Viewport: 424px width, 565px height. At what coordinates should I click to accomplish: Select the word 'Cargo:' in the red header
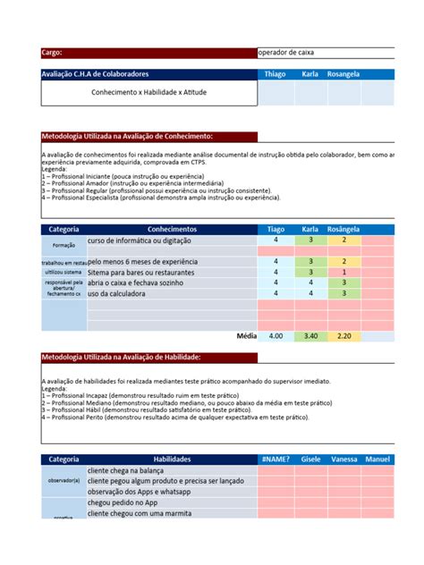[53, 53]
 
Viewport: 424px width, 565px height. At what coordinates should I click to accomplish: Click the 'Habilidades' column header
[172, 459]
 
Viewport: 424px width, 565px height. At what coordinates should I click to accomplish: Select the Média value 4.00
[276, 336]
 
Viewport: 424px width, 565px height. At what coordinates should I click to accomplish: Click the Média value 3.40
[310, 336]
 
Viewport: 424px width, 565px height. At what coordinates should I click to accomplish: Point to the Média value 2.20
[344, 336]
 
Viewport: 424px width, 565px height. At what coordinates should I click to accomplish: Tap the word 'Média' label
[246, 336]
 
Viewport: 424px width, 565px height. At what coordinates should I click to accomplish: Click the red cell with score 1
[344, 272]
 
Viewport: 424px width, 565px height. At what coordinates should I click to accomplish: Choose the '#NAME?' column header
[276, 459]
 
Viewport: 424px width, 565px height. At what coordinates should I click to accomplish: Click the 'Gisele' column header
[310, 459]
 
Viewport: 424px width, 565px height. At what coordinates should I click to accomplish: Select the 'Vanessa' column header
[344, 459]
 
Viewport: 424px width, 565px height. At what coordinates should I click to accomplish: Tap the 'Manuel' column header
[377, 459]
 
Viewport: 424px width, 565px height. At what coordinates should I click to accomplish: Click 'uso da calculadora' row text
[123, 293]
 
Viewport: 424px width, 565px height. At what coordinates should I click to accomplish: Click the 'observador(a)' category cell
[64, 481]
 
